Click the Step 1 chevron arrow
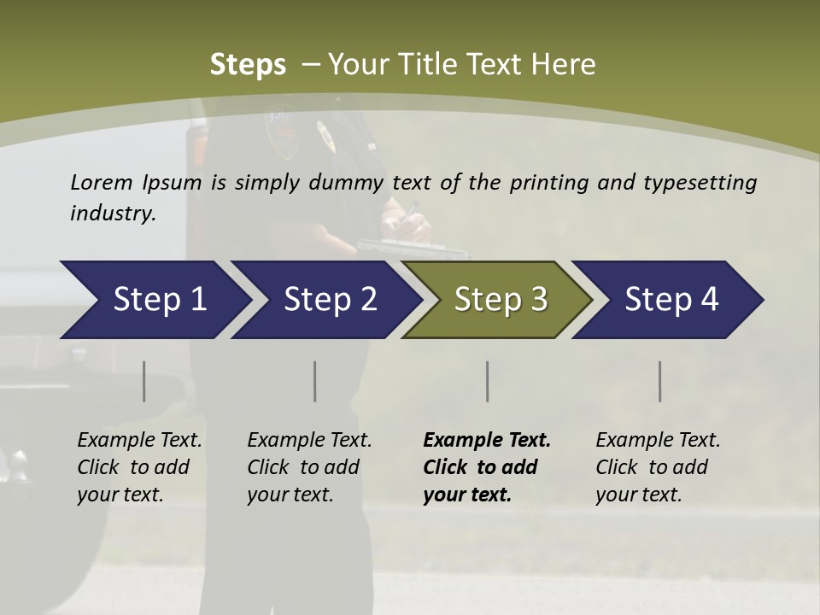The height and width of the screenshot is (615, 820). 154,300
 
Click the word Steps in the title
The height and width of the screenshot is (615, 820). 248,65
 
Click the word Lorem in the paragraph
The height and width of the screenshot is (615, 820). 101,182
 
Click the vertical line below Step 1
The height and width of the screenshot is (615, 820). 144,381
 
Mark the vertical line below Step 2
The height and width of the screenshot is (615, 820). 315,381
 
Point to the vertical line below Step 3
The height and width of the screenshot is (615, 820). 487,381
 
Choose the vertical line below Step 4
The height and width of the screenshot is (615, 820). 659,381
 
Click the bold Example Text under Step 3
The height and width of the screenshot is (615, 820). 487,441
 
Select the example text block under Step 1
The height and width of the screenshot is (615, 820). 139,467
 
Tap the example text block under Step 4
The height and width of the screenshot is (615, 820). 658,467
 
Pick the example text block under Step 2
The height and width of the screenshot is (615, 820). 309,467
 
